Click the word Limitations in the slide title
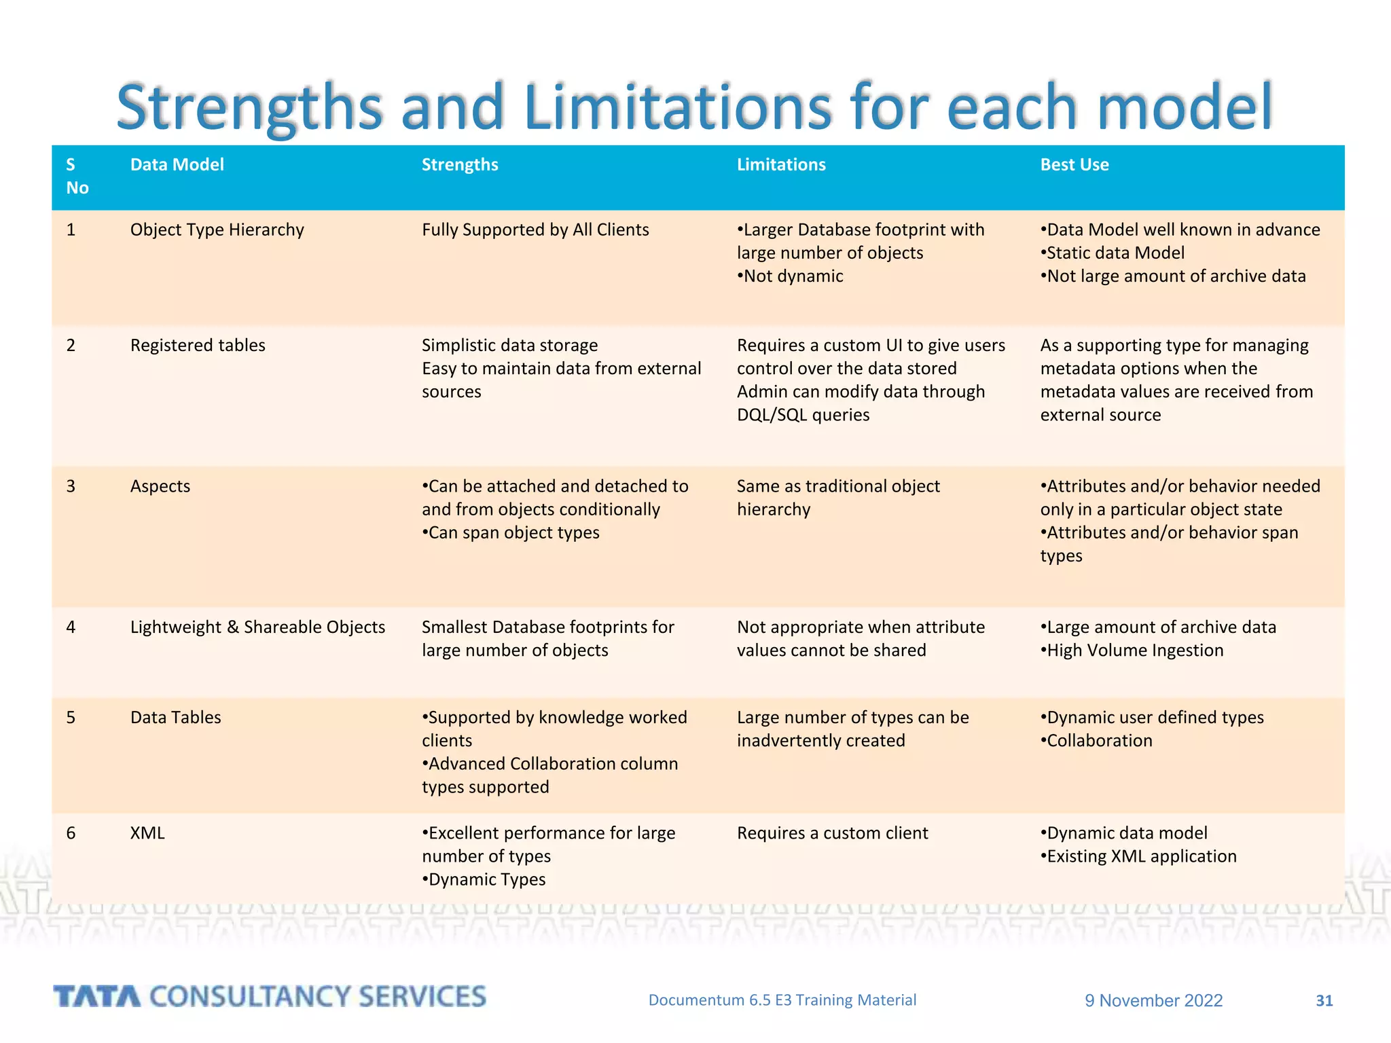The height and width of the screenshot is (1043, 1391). pyautogui.click(x=677, y=107)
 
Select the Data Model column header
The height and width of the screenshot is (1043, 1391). pyautogui.click(x=177, y=165)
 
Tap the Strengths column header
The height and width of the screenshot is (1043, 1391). pyautogui.click(x=460, y=165)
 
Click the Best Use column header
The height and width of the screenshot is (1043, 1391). pyautogui.click(x=1074, y=165)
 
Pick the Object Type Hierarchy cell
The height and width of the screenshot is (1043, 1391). pyautogui.click(x=217, y=230)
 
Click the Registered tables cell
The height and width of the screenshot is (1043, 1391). pyautogui.click(x=198, y=346)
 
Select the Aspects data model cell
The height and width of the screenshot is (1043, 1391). pyautogui.click(x=160, y=487)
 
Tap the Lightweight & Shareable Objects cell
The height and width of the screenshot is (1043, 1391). pyautogui.click(x=257, y=627)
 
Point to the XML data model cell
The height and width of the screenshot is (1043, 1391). pyautogui.click(x=147, y=833)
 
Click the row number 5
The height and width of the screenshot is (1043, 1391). pyautogui.click(x=71, y=718)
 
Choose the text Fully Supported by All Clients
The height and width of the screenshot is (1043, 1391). pyautogui.click(x=535, y=230)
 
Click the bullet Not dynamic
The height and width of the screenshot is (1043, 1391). pyautogui.click(x=791, y=276)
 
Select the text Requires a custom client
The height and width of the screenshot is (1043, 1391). pyautogui.click(x=832, y=833)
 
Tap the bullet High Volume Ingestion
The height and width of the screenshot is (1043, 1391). pyautogui.click(x=1134, y=651)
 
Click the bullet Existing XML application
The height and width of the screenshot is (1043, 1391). pyautogui.click(x=1140, y=856)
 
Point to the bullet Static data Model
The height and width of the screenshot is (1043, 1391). pyautogui.click(x=1114, y=253)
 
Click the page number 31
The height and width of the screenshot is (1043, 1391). pyautogui.click(x=1324, y=1000)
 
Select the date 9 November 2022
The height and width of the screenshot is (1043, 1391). pyautogui.click(x=1153, y=1000)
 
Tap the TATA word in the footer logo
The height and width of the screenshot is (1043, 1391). pyautogui.click(x=97, y=997)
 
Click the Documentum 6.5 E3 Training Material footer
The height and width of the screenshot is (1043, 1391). pyautogui.click(x=782, y=1000)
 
